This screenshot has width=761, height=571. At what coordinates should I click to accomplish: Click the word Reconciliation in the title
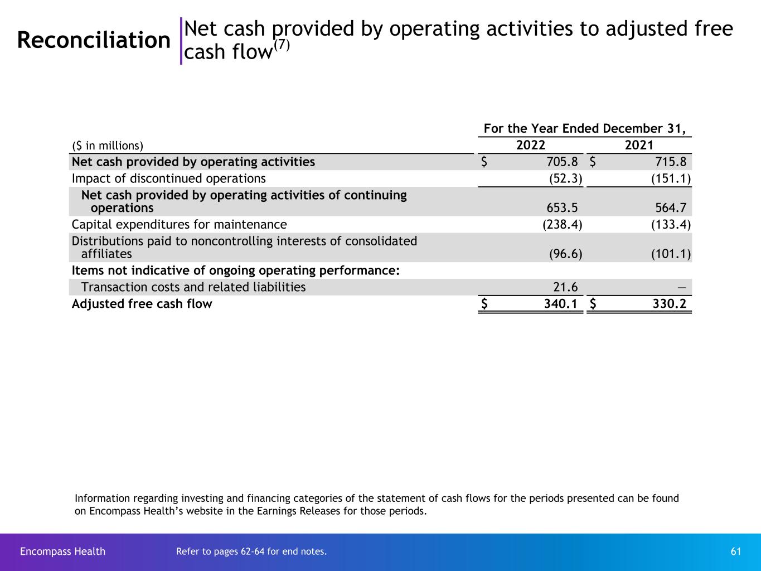click(94, 40)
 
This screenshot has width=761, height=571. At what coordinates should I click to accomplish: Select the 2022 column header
click(530, 146)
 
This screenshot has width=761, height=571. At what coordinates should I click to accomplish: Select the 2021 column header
click(639, 146)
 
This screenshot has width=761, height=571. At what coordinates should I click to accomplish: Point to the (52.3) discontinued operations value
click(566, 178)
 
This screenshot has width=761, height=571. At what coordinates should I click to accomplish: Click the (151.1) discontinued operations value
click(671, 178)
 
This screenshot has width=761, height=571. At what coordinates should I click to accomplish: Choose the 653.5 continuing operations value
click(562, 208)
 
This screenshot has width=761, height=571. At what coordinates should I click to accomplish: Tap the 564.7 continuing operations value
click(671, 208)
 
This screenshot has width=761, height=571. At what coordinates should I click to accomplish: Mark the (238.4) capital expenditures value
click(563, 225)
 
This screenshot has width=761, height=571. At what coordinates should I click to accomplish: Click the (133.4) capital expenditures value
click(671, 225)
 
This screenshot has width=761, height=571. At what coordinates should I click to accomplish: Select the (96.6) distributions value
click(566, 254)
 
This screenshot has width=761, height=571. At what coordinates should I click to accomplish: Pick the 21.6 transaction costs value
click(565, 287)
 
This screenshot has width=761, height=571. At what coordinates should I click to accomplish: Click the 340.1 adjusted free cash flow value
click(559, 304)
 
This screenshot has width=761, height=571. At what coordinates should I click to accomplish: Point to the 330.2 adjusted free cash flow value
click(667, 304)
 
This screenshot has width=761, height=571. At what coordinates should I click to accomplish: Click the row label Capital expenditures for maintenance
click(179, 225)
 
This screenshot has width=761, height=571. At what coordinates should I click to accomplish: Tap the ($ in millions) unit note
click(108, 146)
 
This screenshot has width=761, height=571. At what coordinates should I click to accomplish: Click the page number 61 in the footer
click(736, 551)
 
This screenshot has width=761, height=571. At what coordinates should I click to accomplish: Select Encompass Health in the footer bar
click(62, 551)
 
